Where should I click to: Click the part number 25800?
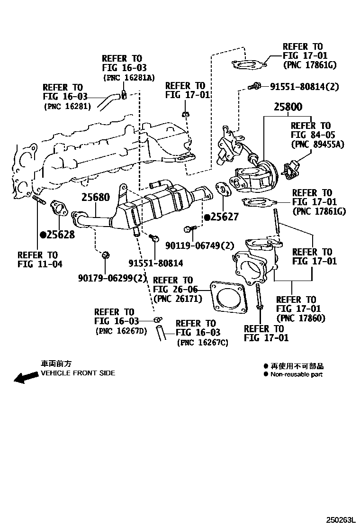[x=288, y=107]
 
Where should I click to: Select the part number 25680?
[x=95, y=197]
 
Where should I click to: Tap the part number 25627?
[x=224, y=217]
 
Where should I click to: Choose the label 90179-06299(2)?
[x=106, y=278]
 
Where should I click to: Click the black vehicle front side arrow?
[x=26, y=377]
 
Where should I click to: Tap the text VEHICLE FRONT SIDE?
[x=78, y=373]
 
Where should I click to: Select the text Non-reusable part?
[x=297, y=374]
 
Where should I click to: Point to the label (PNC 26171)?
[x=178, y=299]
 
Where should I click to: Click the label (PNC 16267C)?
[x=202, y=342]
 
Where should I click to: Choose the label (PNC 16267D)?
[x=121, y=330]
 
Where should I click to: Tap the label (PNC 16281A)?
[x=128, y=77]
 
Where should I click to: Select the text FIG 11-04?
[x=40, y=264]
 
